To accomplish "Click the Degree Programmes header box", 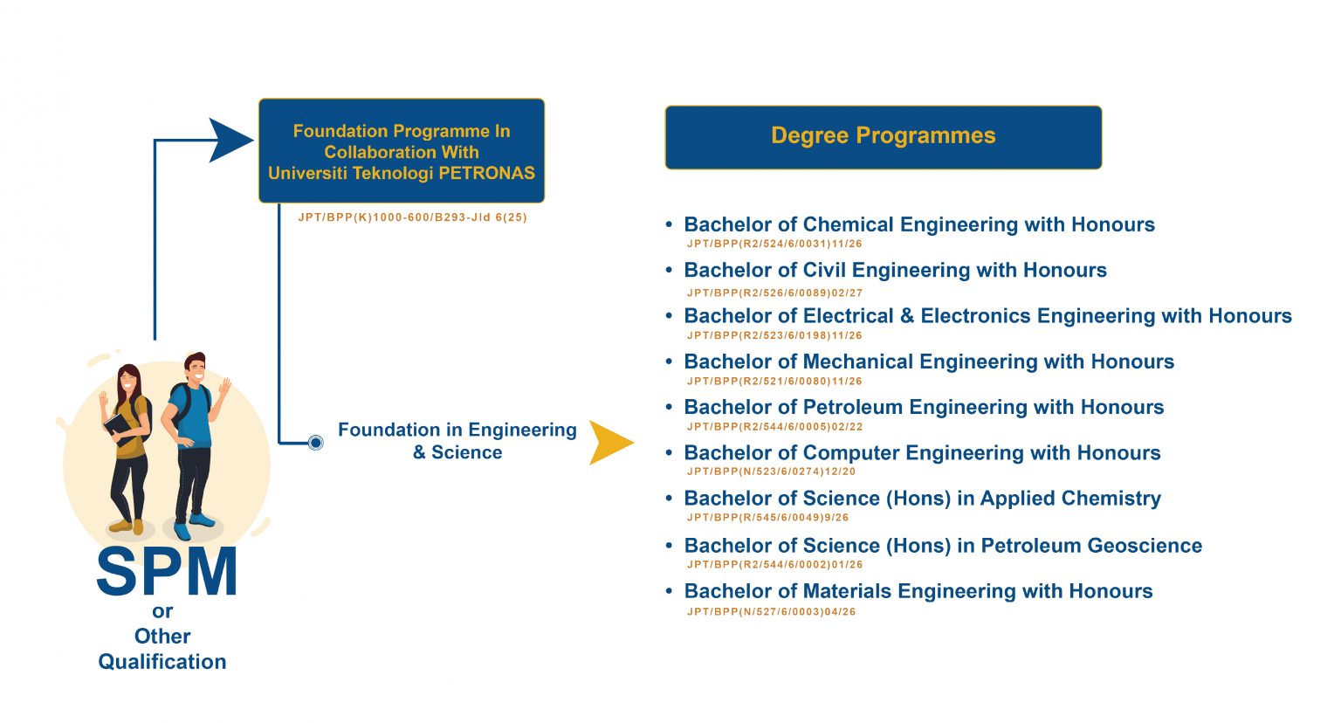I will point(883,137).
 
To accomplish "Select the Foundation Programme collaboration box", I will point(402,151).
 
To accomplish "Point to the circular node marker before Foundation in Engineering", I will point(316,443).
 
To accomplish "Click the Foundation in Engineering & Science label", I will point(457,441).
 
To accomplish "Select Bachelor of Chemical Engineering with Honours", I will point(918,224).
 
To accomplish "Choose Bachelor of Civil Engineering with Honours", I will point(895,270).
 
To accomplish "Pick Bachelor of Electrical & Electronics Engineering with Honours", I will point(987,316).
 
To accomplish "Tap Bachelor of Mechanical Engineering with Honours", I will point(929,361).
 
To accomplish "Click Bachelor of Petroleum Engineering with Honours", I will point(924,407).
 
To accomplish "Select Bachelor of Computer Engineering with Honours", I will point(922,452).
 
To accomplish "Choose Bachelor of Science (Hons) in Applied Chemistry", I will point(922,499).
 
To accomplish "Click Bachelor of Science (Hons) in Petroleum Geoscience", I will point(943,546).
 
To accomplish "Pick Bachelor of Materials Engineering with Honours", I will point(918,591).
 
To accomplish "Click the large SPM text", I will point(166,572).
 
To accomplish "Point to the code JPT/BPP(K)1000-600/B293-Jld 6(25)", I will point(412,217).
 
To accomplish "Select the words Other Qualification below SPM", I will point(162,649).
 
